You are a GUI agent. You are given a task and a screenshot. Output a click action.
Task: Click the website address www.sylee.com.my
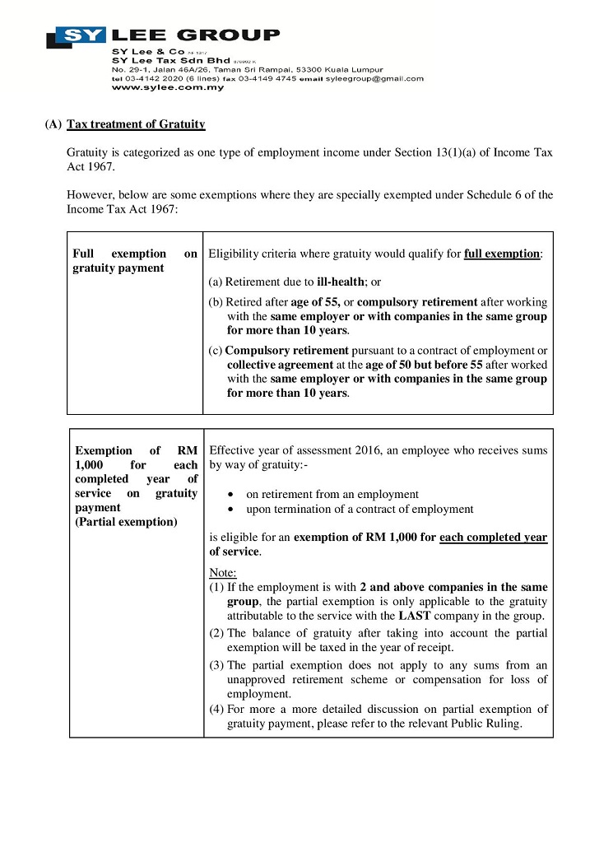point(156,87)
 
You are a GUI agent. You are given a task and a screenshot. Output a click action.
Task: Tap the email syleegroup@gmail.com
point(374,79)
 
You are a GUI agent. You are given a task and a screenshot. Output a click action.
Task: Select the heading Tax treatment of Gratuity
point(136,124)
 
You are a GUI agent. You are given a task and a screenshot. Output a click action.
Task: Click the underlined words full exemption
point(502,254)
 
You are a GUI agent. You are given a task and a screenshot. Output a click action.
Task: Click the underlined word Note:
point(223,572)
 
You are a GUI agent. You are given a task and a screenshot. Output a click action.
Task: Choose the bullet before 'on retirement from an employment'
point(228,496)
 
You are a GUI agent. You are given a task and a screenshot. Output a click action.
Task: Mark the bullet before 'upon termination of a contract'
point(228,510)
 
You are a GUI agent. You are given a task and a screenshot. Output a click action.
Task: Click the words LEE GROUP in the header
point(196,35)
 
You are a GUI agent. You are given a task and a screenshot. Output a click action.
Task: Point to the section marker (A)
point(53,124)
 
